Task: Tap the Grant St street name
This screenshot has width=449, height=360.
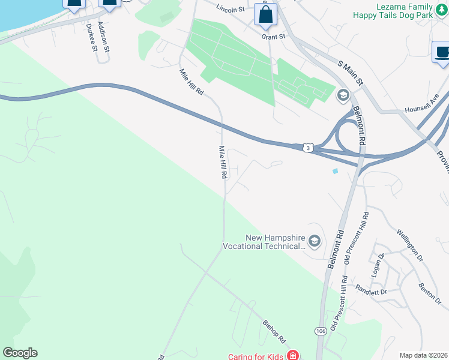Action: point(273,37)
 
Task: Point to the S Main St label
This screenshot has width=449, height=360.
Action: point(351,72)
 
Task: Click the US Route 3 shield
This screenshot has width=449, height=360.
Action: point(308,147)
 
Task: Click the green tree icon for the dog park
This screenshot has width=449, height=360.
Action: point(441,14)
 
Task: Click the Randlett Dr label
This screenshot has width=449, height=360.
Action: point(372,290)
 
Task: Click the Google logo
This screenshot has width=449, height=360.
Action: point(20,353)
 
